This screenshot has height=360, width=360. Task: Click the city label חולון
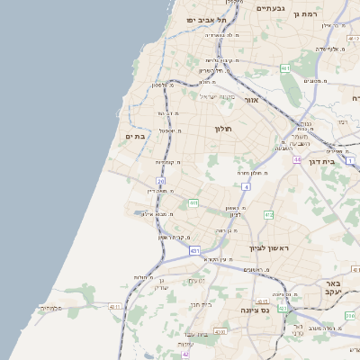pos(223,129)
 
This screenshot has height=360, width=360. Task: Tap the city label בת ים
pos(135,136)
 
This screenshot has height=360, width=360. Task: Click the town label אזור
pos(251,101)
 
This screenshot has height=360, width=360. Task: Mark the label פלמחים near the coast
pos(51,308)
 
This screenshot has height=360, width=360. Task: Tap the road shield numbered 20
pos(160,181)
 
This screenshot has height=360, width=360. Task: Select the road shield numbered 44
pos(296,159)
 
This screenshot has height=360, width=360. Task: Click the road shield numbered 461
pos(284,68)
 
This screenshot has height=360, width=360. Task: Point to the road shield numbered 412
pos(268,214)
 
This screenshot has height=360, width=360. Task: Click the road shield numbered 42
pos(185,355)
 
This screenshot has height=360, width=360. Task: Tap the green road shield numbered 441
pos(193,203)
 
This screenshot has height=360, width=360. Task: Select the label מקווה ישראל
pos(216,96)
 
